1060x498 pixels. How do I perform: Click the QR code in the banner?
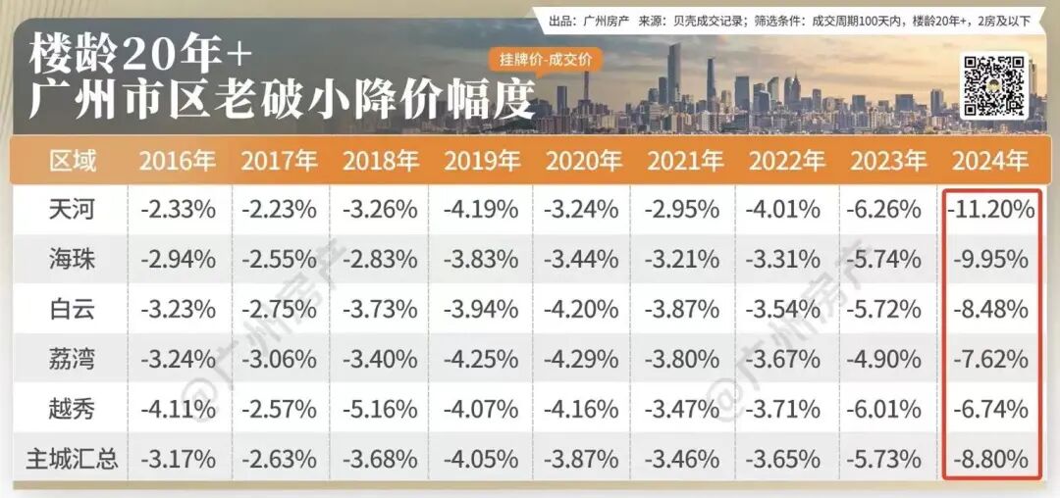click(992, 84)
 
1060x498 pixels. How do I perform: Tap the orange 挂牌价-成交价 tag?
click(547, 60)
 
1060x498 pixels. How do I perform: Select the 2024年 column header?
click(990, 161)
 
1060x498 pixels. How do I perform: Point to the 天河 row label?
click(72, 209)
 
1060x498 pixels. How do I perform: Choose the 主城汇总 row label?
click(72, 458)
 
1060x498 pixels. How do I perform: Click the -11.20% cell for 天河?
click(991, 209)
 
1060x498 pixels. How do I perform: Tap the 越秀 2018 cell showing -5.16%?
click(380, 408)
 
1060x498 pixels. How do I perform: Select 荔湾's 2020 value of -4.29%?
click(582, 359)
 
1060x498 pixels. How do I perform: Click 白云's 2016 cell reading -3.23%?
click(178, 309)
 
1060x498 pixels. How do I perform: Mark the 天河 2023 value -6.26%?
click(886, 209)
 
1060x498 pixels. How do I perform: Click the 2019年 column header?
click(481, 161)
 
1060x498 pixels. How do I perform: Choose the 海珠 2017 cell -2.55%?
click(279, 259)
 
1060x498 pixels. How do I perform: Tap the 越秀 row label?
click(72, 408)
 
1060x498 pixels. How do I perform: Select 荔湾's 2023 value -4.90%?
click(886, 359)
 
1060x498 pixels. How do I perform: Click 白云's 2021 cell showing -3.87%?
click(683, 309)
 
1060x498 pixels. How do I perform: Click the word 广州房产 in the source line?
click(607, 20)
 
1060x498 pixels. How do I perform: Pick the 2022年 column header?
click(785, 161)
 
